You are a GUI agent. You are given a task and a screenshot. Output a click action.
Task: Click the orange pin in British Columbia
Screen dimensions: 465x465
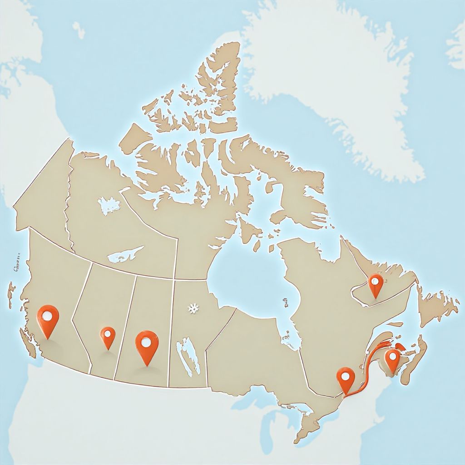click(48, 318)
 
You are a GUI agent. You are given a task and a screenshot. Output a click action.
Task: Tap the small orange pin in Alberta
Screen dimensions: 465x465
click(108, 336)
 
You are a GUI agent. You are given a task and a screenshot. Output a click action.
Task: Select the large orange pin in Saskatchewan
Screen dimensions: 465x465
click(147, 346)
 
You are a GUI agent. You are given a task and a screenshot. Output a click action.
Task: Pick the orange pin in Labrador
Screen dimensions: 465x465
click(376, 284)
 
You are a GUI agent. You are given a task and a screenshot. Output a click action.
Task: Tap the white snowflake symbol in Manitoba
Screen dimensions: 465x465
click(194, 309)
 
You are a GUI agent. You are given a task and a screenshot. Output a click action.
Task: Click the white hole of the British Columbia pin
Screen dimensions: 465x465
click(48, 314)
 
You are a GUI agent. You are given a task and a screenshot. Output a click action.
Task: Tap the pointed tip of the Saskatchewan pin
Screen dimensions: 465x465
click(147, 365)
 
